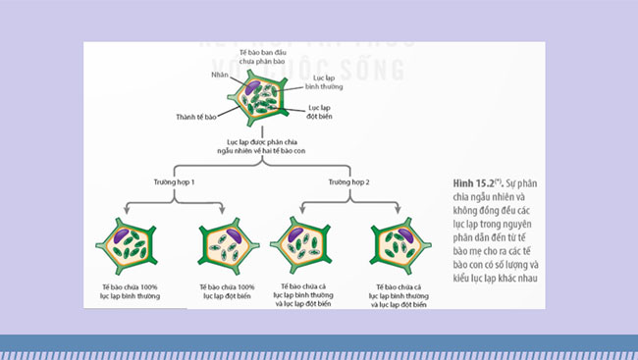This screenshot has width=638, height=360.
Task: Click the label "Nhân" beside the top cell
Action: (x=220, y=75)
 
